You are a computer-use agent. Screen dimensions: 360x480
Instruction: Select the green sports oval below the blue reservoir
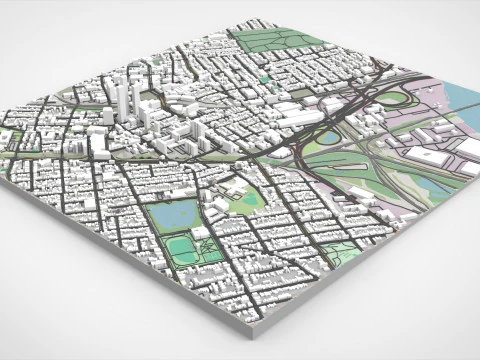(x=181, y=246)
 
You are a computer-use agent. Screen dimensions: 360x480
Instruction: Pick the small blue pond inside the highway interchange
(x=328, y=139)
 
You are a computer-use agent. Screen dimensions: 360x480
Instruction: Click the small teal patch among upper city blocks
(x=265, y=80)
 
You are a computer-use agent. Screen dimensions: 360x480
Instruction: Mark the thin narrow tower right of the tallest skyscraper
(x=139, y=97)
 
